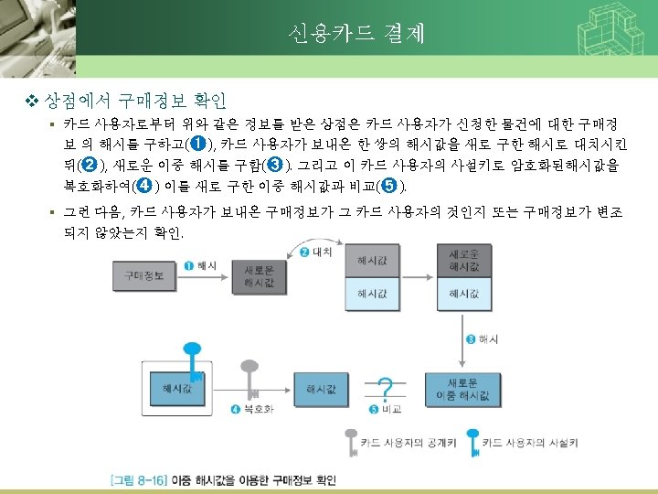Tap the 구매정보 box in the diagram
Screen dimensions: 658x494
(x=142, y=274)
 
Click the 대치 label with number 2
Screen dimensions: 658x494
(x=315, y=252)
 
